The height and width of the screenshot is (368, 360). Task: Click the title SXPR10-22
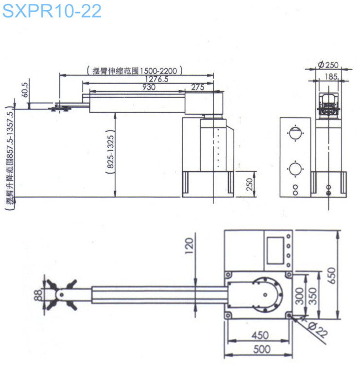click(52, 11)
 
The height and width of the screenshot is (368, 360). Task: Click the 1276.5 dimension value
click(156, 79)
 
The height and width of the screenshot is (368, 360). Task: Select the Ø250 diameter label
click(328, 65)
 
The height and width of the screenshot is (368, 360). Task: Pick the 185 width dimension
click(331, 76)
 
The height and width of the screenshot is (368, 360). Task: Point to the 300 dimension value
click(300, 295)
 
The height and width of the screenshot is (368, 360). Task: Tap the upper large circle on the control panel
click(294, 133)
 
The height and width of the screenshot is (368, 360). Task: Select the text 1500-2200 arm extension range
click(134, 70)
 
